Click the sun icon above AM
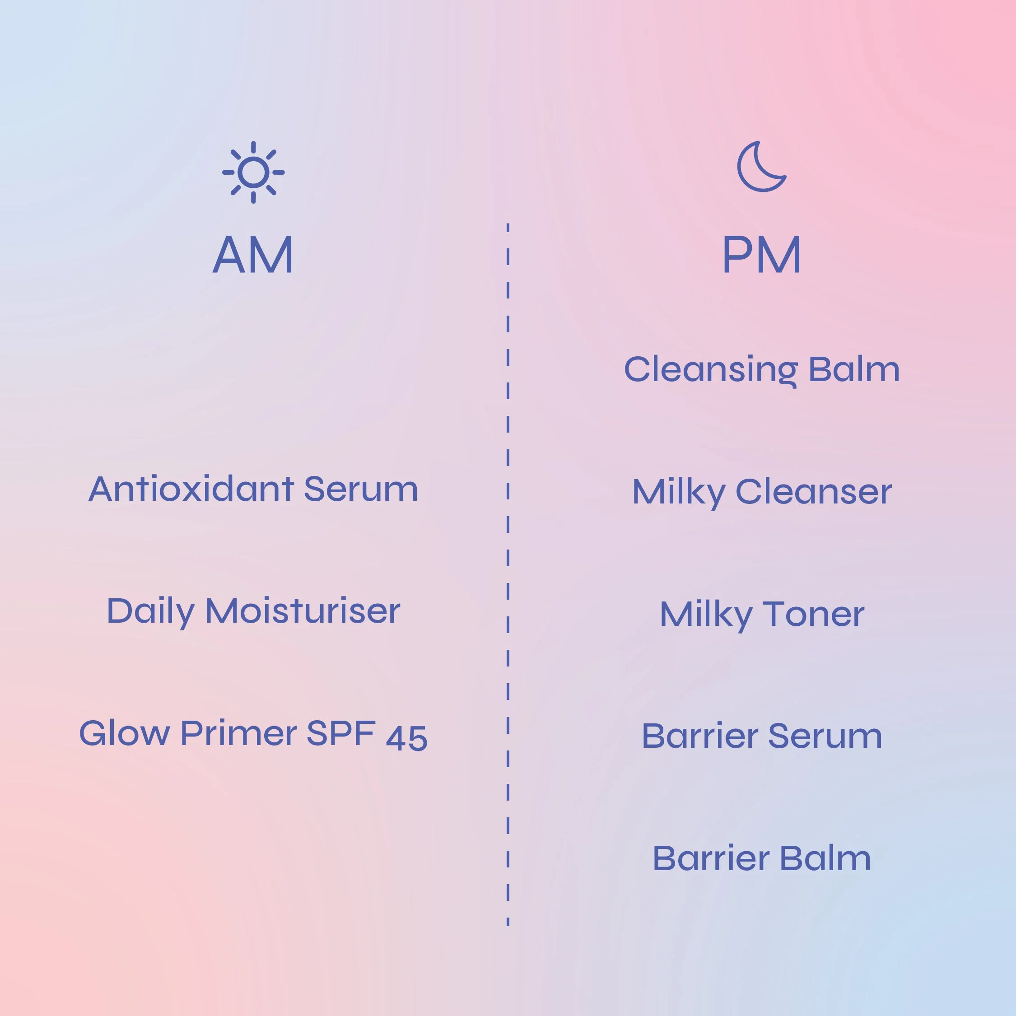click(253, 172)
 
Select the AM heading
click(253, 255)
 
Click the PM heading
click(761, 255)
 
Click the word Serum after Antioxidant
click(361, 489)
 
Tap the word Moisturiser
click(303, 611)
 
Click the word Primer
click(239, 734)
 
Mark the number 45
click(406, 738)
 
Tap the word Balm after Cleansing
click(854, 369)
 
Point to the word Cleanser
click(814, 492)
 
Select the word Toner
click(814, 614)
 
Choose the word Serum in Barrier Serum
click(825, 736)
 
